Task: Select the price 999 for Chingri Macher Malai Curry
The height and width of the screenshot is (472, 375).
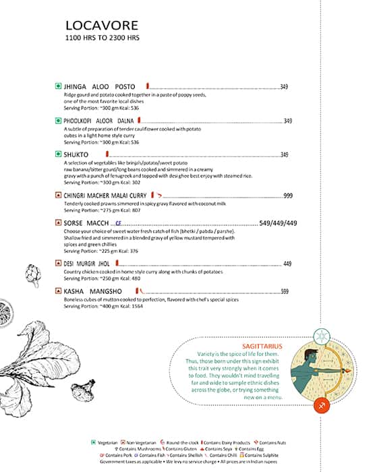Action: tap(288, 196)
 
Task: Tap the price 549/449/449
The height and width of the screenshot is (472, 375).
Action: tap(278, 223)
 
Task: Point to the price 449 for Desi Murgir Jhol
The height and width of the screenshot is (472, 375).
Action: tap(287, 264)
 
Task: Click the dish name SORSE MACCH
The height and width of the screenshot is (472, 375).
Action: tap(87, 223)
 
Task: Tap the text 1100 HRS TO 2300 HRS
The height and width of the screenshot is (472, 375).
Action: tap(102, 38)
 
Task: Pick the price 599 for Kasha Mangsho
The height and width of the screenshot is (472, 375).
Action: tap(285, 291)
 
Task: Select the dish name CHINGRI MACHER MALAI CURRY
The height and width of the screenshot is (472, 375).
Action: tap(105, 196)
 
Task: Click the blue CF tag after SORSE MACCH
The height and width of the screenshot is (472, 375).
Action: tap(118, 223)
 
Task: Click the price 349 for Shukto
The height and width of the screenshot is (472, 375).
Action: tap(285, 155)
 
